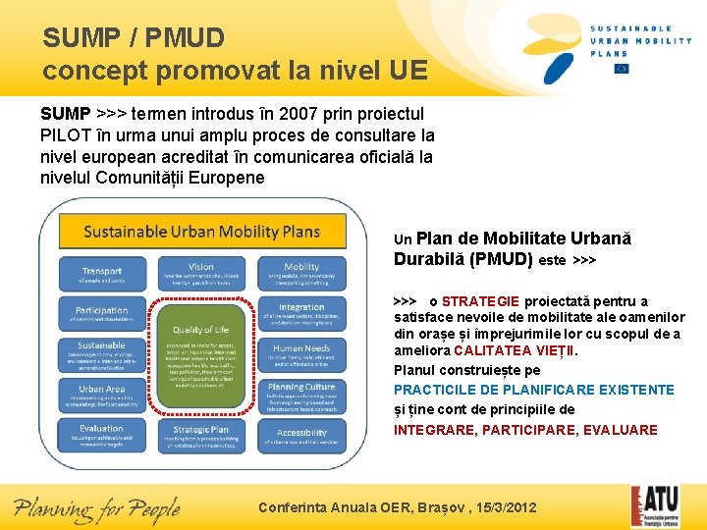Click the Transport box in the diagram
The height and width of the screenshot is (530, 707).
[x=102, y=276]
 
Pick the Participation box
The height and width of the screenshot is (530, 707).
[x=102, y=315]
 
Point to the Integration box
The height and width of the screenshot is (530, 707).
[x=301, y=315]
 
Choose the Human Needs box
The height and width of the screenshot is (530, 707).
[x=301, y=354]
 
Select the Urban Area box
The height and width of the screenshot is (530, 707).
[x=102, y=394]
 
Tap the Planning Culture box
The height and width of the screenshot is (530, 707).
[x=301, y=394]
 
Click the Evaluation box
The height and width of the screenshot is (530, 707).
[x=102, y=434]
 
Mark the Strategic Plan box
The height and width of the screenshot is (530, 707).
[x=201, y=434]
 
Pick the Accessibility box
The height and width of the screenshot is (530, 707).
[x=301, y=434]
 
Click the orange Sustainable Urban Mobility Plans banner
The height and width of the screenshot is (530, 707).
[x=202, y=232]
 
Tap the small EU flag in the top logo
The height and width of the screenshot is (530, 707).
[x=621, y=69]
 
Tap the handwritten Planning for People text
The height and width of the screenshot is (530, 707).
[x=97, y=508]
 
